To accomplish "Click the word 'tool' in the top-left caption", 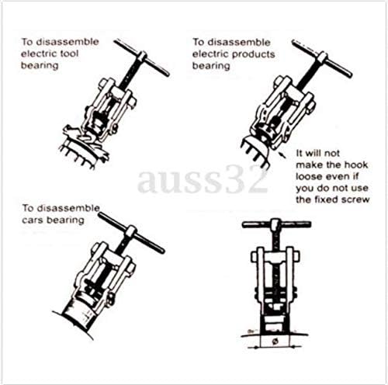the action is coord(69,54).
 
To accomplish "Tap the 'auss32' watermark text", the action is coord(203,180).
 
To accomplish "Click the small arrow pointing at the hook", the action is coord(282,155).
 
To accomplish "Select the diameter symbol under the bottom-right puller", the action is coord(275,342).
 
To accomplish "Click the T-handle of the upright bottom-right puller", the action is coord(276,224).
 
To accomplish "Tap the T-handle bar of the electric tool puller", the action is coord(142,57).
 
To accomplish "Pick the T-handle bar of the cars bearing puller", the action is coord(131,232).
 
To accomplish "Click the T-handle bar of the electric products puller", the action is coord(322,58).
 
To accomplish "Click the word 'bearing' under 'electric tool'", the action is coord(40,66).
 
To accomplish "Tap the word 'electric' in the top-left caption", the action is coord(39,54).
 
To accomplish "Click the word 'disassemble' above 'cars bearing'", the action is coord(68,208).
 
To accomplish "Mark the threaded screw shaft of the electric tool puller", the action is coord(129,74).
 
